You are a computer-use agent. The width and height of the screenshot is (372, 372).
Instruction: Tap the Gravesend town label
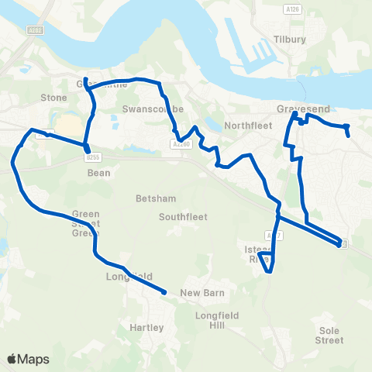(x=298, y=109)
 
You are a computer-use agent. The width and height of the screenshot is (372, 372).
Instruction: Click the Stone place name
(x=53, y=98)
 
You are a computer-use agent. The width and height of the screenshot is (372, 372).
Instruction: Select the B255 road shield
(x=93, y=157)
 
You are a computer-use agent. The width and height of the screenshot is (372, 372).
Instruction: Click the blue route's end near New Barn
(x=165, y=292)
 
